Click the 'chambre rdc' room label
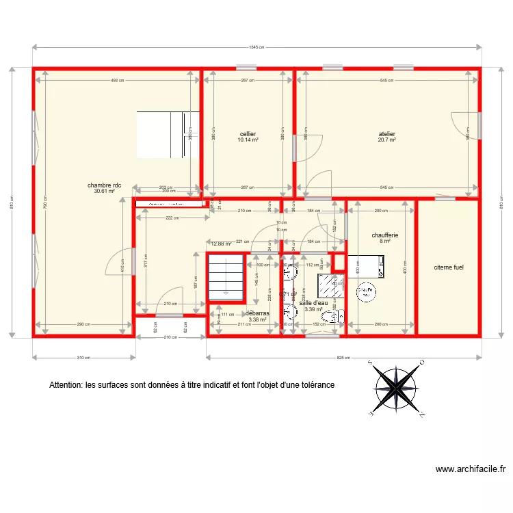click(x=104, y=185)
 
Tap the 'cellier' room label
click(x=248, y=134)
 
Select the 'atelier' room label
click(x=387, y=134)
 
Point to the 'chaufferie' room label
click(x=384, y=235)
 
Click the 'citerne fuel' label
click(x=449, y=267)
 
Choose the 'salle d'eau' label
click(x=314, y=302)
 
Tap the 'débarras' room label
click(x=258, y=313)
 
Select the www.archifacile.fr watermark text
click(x=471, y=469)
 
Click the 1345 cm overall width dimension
click(x=257, y=47)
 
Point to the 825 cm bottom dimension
click(x=343, y=358)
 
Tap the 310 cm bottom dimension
click(x=83, y=358)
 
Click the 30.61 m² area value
click(x=104, y=192)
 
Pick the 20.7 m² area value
click(x=387, y=140)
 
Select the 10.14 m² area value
click(x=248, y=140)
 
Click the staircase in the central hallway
click(x=226, y=277)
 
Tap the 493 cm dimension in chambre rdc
click(x=118, y=81)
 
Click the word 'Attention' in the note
click(x=66, y=385)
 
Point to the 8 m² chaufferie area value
click(x=384, y=241)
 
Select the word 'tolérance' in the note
click(x=317, y=385)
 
